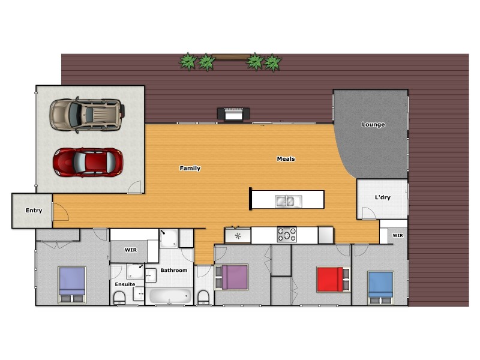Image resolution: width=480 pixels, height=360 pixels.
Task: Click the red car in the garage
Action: [88, 161]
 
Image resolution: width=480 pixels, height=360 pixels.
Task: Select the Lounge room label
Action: [373, 125]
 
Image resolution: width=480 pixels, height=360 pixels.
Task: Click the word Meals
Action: [286, 159]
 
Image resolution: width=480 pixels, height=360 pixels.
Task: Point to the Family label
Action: [190, 169]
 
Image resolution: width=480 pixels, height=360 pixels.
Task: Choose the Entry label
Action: [34, 211]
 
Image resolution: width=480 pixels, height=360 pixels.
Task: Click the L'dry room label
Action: [383, 197]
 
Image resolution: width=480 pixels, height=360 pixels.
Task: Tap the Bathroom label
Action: [174, 271]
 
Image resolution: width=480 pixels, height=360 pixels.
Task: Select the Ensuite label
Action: [125, 284]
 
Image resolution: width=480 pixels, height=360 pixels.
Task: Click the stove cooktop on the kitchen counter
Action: [287, 235]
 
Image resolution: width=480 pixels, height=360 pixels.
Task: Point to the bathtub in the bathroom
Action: [170, 296]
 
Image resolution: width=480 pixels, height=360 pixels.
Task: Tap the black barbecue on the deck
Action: [233, 113]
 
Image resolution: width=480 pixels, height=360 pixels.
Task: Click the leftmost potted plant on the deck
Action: [188, 61]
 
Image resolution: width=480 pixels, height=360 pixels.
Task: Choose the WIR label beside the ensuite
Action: [131, 250]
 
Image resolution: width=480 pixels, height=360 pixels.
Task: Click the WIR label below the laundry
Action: [398, 236]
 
